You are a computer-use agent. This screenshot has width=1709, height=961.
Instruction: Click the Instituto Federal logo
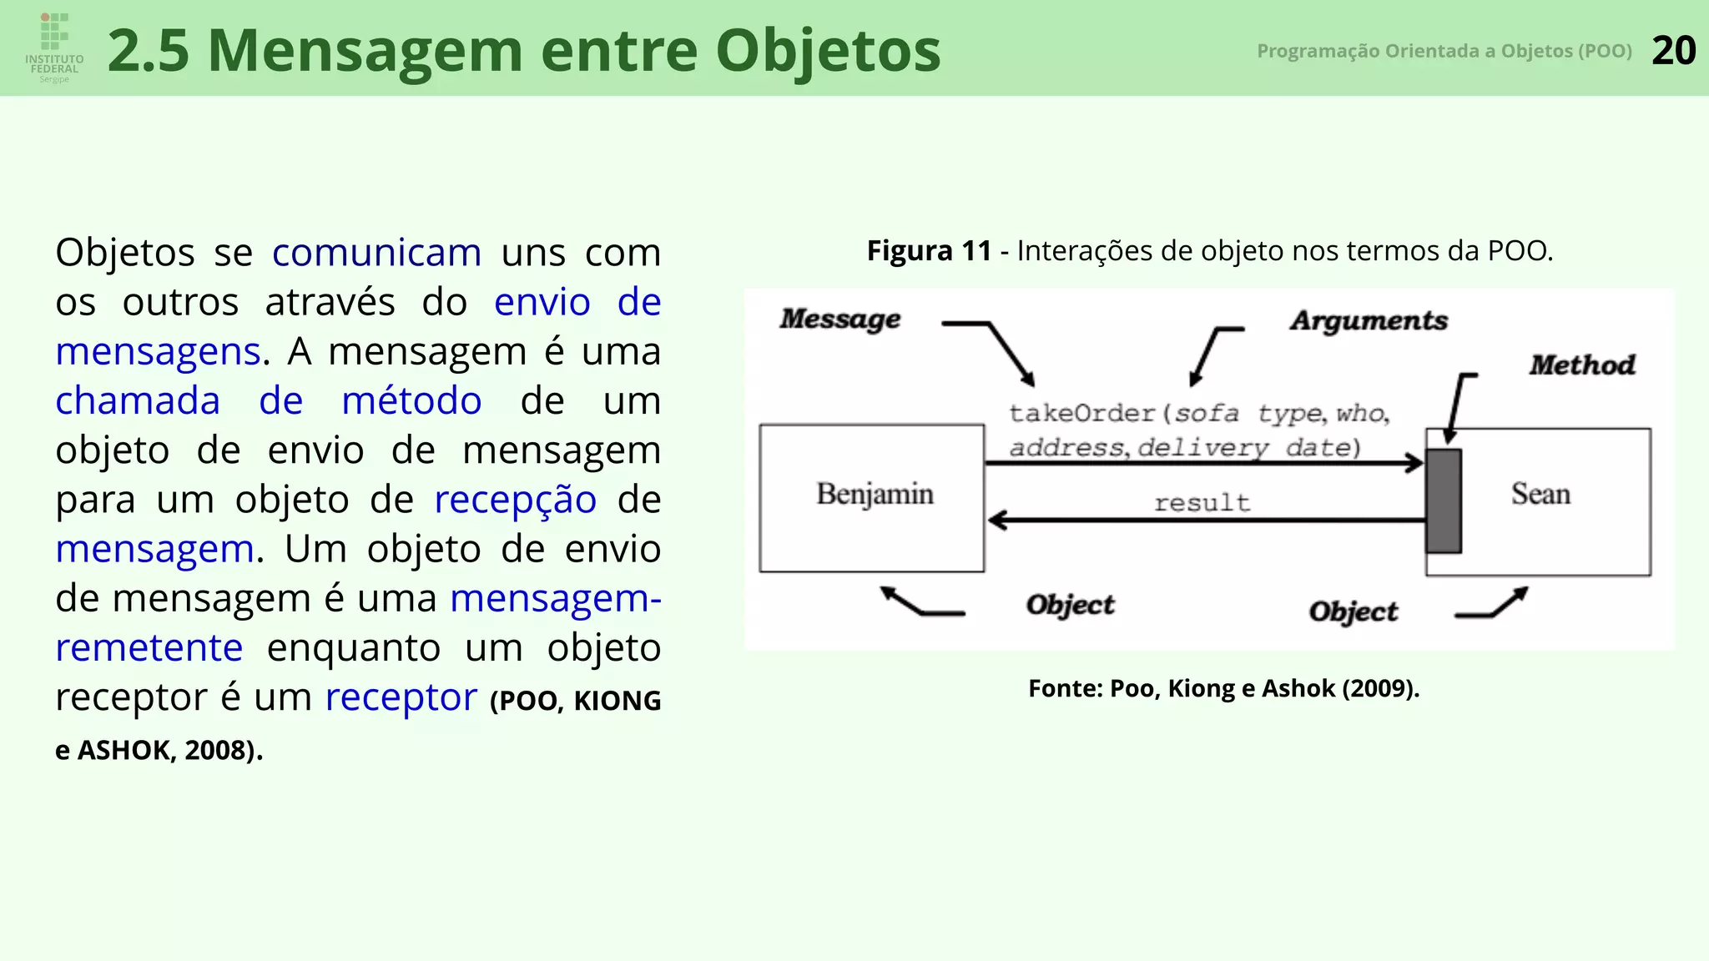(x=54, y=47)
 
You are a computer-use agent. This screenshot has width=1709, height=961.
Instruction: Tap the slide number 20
(x=1673, y=51)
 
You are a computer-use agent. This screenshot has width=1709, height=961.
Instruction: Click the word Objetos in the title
(x=828, y=51)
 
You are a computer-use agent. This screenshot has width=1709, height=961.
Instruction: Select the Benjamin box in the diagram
(x=872, y=498)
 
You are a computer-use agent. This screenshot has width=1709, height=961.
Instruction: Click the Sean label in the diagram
(x=1540, y=494)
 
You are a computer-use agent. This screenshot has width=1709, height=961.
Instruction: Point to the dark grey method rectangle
(x=1443, y=501)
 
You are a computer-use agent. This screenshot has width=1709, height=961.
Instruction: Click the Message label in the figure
(x=840, y=319)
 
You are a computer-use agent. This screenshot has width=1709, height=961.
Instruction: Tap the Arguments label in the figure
(x=1369, y=320)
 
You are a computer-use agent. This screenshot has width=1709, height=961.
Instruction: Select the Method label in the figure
(x=1582, y=365)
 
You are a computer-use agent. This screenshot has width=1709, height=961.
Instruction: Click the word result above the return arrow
(x=1202, y=503)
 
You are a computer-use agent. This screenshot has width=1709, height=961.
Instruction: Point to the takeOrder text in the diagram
(x=1081, y=413)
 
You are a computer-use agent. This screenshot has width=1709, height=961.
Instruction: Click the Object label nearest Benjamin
(x=1070, y=605)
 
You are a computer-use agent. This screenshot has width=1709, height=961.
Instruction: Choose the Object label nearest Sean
(x=1353, y=611)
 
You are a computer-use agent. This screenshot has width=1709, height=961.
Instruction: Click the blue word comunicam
(x=376, y=253)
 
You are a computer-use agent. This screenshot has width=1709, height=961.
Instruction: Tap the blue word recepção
(x=515, y=500)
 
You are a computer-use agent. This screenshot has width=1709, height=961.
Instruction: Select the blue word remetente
(x=149, y=648)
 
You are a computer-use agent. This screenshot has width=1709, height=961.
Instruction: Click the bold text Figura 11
(x=929, y=250)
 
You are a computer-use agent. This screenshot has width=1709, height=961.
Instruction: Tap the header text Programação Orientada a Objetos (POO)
(x=1444, y=51)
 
